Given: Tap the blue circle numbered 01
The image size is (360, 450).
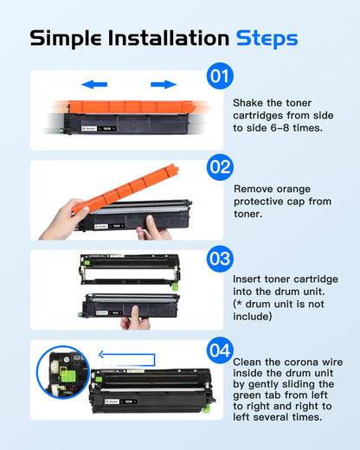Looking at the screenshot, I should pos(220,77).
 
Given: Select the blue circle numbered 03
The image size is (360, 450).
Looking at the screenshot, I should pos(220,257).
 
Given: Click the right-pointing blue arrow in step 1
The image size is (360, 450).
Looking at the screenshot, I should pos(163,85).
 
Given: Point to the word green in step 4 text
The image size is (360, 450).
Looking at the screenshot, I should pos(249,395).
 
